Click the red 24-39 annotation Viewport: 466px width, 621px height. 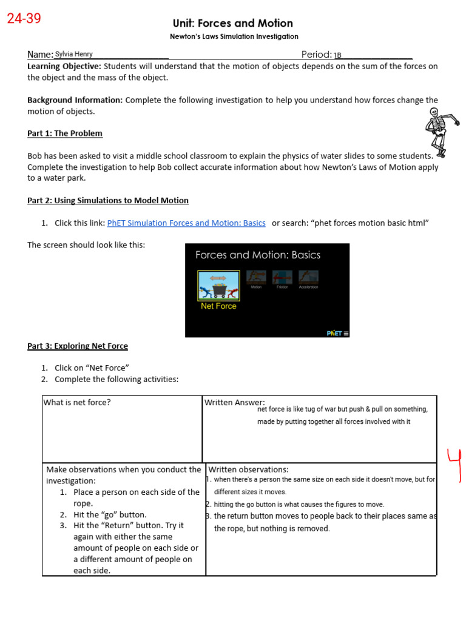24,19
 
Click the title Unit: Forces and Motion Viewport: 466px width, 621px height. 233,23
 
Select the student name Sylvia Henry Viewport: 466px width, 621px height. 74,54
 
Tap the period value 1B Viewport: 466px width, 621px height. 338,55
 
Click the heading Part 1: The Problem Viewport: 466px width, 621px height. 65,133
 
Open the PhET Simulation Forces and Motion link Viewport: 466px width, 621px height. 186,223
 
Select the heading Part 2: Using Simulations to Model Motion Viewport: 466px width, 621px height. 108,200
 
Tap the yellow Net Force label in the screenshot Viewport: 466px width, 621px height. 218,306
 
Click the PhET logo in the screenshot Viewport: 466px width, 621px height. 334,333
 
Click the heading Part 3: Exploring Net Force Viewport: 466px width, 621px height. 78,346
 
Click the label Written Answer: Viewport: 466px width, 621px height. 235,402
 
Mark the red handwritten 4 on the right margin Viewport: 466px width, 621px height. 454,464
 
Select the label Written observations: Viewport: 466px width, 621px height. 248,469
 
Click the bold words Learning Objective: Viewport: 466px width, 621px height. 64,66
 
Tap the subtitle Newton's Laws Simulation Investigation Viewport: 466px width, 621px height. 234,36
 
